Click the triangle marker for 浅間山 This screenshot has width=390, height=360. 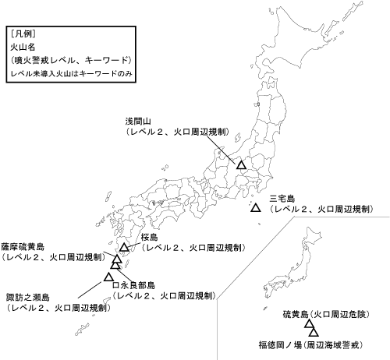click(x=242, y=165)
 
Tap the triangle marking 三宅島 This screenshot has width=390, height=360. click(x=256, y=208)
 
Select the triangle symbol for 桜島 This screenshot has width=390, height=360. click(x=124, y=247)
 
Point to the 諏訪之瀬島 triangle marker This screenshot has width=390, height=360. click(x=108, y=275)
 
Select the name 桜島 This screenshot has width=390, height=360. click(x=151, y=237)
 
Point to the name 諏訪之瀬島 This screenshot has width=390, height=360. click(x=28, y=297)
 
